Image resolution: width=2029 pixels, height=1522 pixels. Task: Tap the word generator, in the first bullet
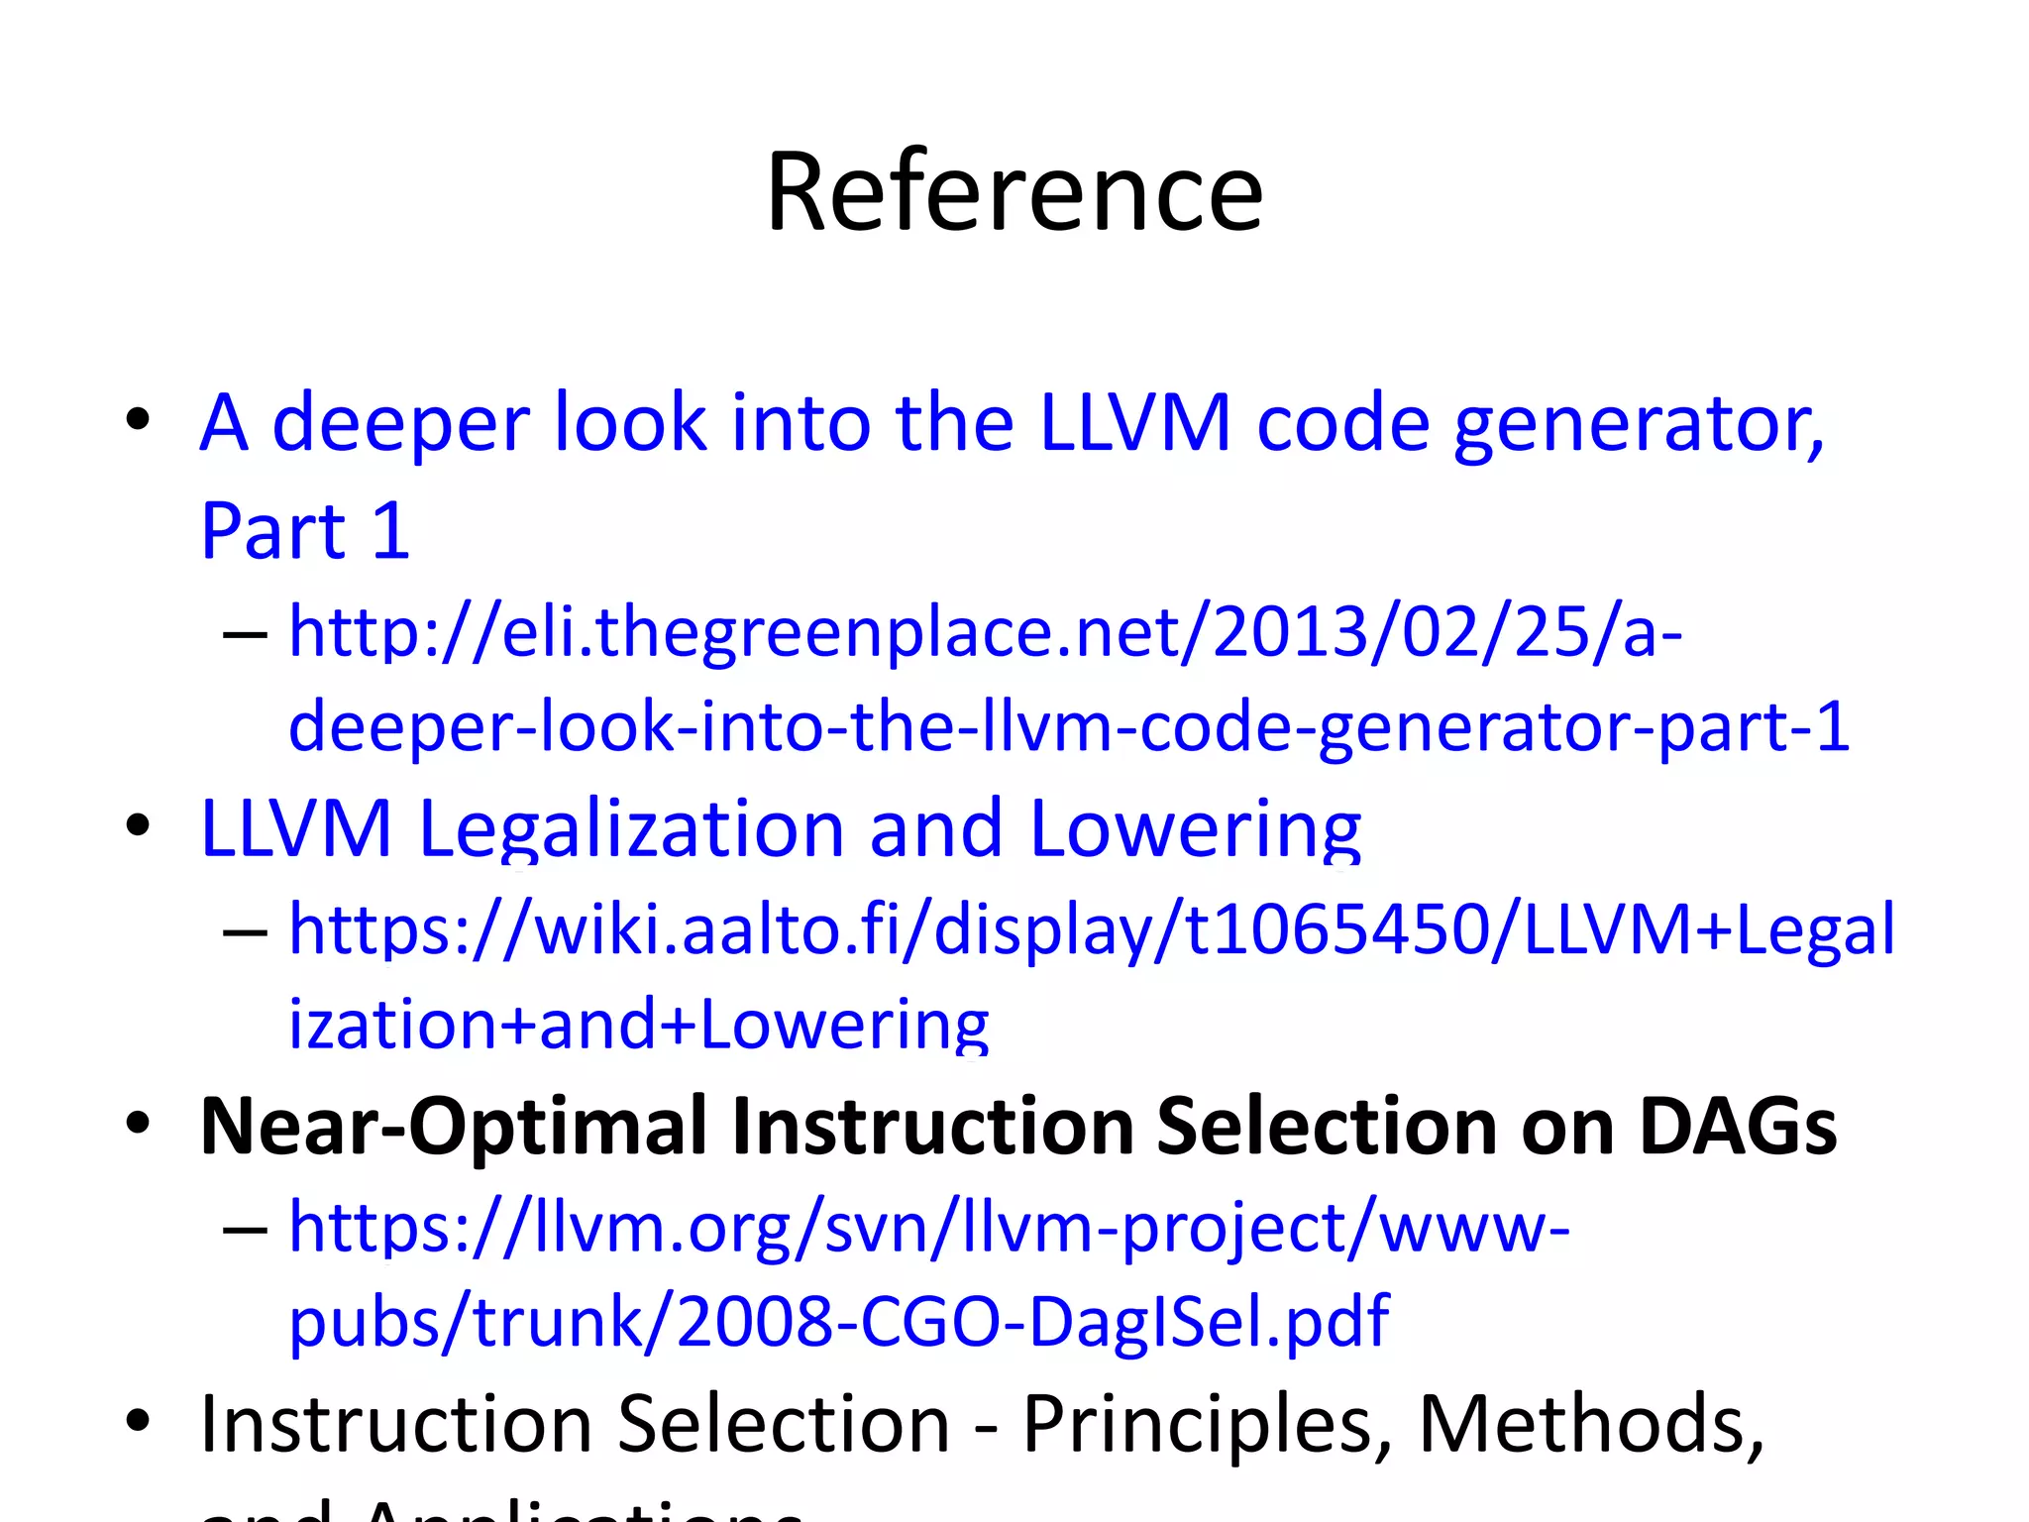coord(1639,424)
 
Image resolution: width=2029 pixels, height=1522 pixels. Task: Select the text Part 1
coord(305,531)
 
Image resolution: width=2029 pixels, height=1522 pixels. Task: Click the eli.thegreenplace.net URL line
coord(985,632)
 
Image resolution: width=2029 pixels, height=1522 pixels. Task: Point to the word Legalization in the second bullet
coord(630,828)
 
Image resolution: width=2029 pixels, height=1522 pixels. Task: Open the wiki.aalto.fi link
coord(1091,929)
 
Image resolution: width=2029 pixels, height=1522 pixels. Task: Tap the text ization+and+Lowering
coord(638,1025)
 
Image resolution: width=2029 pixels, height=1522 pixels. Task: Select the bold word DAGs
coord(1738,1127)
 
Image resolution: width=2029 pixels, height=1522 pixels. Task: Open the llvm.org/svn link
coord(928,1229)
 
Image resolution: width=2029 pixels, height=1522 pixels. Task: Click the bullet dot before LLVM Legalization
coord(138,824)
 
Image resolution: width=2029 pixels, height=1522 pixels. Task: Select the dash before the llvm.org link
coord(245,1230)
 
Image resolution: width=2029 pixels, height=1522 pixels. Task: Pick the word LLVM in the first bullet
coord(1135,424)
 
